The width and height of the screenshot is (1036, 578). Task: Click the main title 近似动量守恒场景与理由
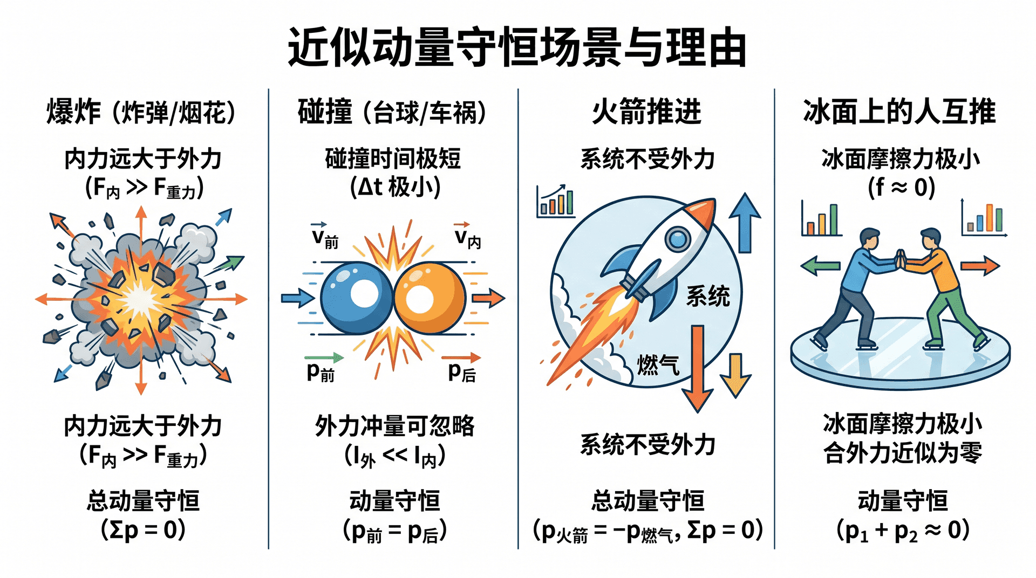(x=517, y=47)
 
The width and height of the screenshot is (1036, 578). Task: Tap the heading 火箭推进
(x=646, y=112)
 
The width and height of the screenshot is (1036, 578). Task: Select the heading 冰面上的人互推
(x=899, y=112)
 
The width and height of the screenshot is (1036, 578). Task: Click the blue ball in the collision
(x=357, y=298)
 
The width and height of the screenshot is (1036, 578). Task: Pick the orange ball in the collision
(x=430, y=298)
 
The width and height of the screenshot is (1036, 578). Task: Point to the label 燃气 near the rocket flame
(x=658, y=365)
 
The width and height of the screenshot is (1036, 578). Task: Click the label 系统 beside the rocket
(x=708, y=296)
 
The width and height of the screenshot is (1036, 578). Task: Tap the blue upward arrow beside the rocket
(x=745, y=223)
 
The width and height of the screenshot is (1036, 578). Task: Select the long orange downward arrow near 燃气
(x=698, y=369)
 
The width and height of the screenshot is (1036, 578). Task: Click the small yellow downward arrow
(x=735, y=375)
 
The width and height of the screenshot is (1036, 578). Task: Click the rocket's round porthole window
(x=678, y=238)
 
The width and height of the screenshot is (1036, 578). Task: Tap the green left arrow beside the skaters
(x=820, y=266)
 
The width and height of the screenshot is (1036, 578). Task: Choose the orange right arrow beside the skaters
(x=980, y=266)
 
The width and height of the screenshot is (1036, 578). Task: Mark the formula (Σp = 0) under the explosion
(x=143, y=530)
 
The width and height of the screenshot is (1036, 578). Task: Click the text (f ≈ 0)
(x=901, y=188)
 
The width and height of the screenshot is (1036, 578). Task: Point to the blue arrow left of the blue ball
(x=298, y=298)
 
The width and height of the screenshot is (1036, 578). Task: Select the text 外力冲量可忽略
(x=395, y=426)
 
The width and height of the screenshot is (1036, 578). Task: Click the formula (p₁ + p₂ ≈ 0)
(x=903, y=531)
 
